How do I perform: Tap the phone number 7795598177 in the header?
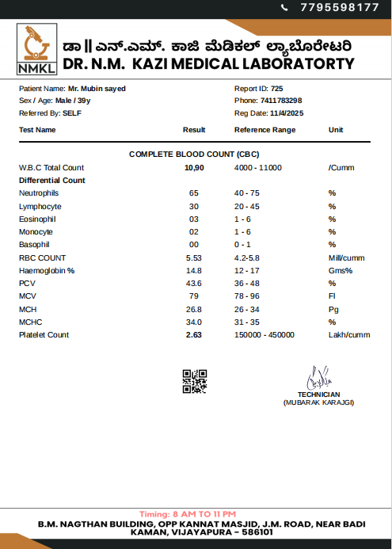339,7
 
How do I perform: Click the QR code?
194,381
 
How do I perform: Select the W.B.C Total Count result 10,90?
194,168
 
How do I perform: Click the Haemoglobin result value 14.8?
194,271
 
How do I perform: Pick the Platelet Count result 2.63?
194,335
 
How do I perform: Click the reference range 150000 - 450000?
265,335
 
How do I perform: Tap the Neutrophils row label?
39,193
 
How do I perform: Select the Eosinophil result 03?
194,219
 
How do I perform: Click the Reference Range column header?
265,129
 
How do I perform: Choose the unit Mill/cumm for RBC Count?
346,258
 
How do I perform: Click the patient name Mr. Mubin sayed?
97,89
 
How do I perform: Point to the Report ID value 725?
276,89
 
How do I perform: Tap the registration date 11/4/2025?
287,113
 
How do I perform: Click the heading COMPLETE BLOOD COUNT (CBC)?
194,154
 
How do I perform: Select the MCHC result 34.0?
194,322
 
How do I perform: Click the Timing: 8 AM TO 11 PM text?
187,514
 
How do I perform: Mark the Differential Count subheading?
52,181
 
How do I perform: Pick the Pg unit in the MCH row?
333,310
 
